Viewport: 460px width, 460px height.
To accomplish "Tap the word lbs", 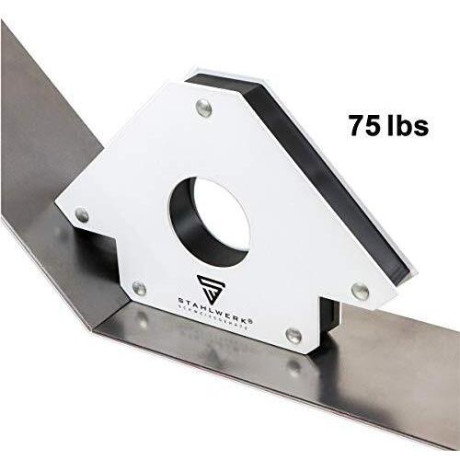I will pos(408,125).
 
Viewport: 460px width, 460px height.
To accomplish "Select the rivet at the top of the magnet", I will pos(203,110).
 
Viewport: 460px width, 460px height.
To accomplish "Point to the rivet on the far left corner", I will pos(82,214).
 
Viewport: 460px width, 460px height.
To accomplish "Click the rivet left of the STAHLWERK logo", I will pos(138,290).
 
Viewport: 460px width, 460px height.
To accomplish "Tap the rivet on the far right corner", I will pos(361,289).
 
